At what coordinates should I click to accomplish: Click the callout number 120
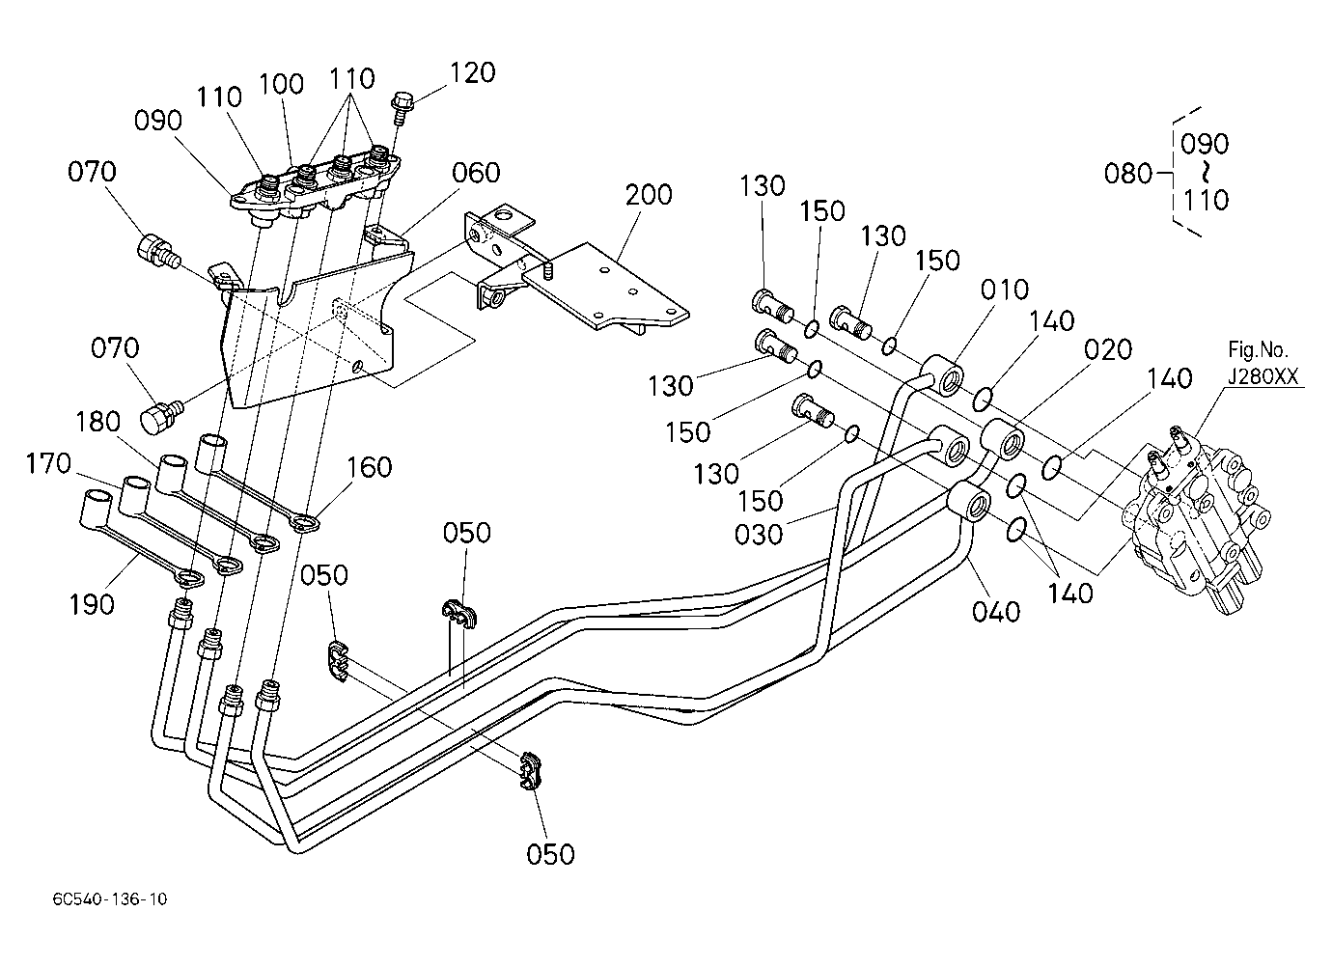(x=473, y=72)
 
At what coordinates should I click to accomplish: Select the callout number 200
(x=649, y=195)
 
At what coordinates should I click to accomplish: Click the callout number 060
(x=476, y=173)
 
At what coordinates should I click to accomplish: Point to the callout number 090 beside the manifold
(x=158, y=121)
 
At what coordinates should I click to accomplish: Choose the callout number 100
(x=281, y=83)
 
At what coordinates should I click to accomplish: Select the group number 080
(x=1128, y=174)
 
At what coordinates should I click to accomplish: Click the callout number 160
(x=370, y=467)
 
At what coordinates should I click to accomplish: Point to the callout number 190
(x=92, y=605)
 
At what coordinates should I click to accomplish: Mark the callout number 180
(x=98, y=422)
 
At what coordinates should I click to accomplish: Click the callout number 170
(x=49, y=463)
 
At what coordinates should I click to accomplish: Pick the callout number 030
(x=759, y=534)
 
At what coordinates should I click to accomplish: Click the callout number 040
(x=996, y=611)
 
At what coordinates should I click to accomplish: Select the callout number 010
(x=1005, y=290)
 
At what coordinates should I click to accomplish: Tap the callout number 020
(x=1108, y=349)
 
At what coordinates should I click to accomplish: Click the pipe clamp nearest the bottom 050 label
(x=529, y=773)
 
